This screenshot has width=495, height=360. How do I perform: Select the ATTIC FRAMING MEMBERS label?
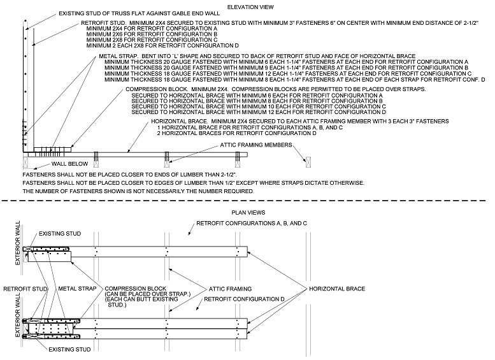(x=255, y=145)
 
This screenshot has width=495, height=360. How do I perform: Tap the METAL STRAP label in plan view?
(x=77, y=288)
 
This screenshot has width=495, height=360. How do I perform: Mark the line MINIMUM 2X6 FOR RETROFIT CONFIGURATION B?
(x=141, y=34)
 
